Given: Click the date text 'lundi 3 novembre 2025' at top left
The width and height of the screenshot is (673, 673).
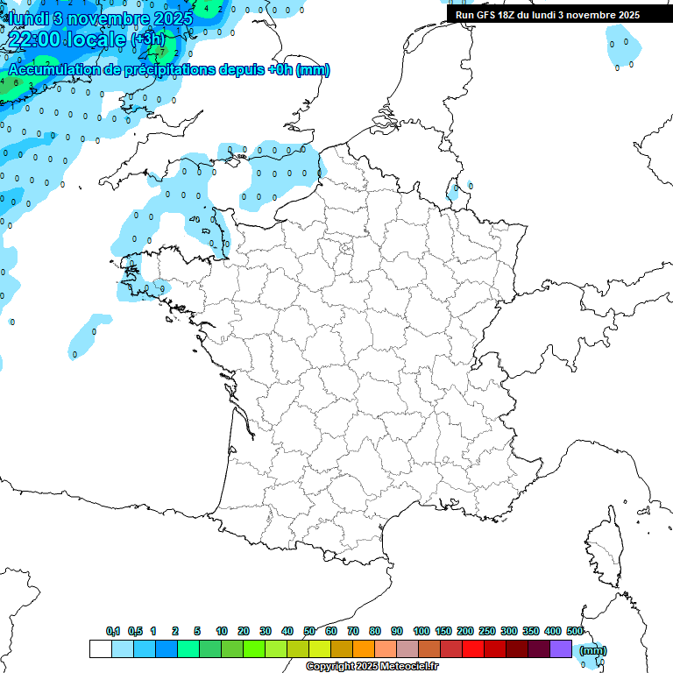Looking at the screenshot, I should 98,18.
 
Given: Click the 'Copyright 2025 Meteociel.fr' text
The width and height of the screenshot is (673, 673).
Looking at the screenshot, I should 372,667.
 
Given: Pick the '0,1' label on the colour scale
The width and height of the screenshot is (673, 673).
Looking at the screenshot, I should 113,631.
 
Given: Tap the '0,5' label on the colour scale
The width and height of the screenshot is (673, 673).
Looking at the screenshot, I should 135,631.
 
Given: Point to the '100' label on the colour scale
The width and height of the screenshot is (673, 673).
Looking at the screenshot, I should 422,631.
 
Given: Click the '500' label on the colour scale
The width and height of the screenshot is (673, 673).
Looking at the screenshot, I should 575,631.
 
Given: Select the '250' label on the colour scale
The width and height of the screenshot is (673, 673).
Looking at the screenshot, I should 487,631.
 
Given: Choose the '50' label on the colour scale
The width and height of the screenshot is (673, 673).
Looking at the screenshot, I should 309,631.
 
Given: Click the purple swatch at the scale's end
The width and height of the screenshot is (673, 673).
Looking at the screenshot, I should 561,648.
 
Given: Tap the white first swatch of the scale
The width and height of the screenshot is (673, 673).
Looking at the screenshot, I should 101,648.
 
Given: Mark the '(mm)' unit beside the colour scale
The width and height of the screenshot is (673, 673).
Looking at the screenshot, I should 593,650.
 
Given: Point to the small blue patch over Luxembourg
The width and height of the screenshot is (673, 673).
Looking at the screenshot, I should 455,191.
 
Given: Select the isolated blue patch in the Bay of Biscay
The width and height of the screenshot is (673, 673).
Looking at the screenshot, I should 88,337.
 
